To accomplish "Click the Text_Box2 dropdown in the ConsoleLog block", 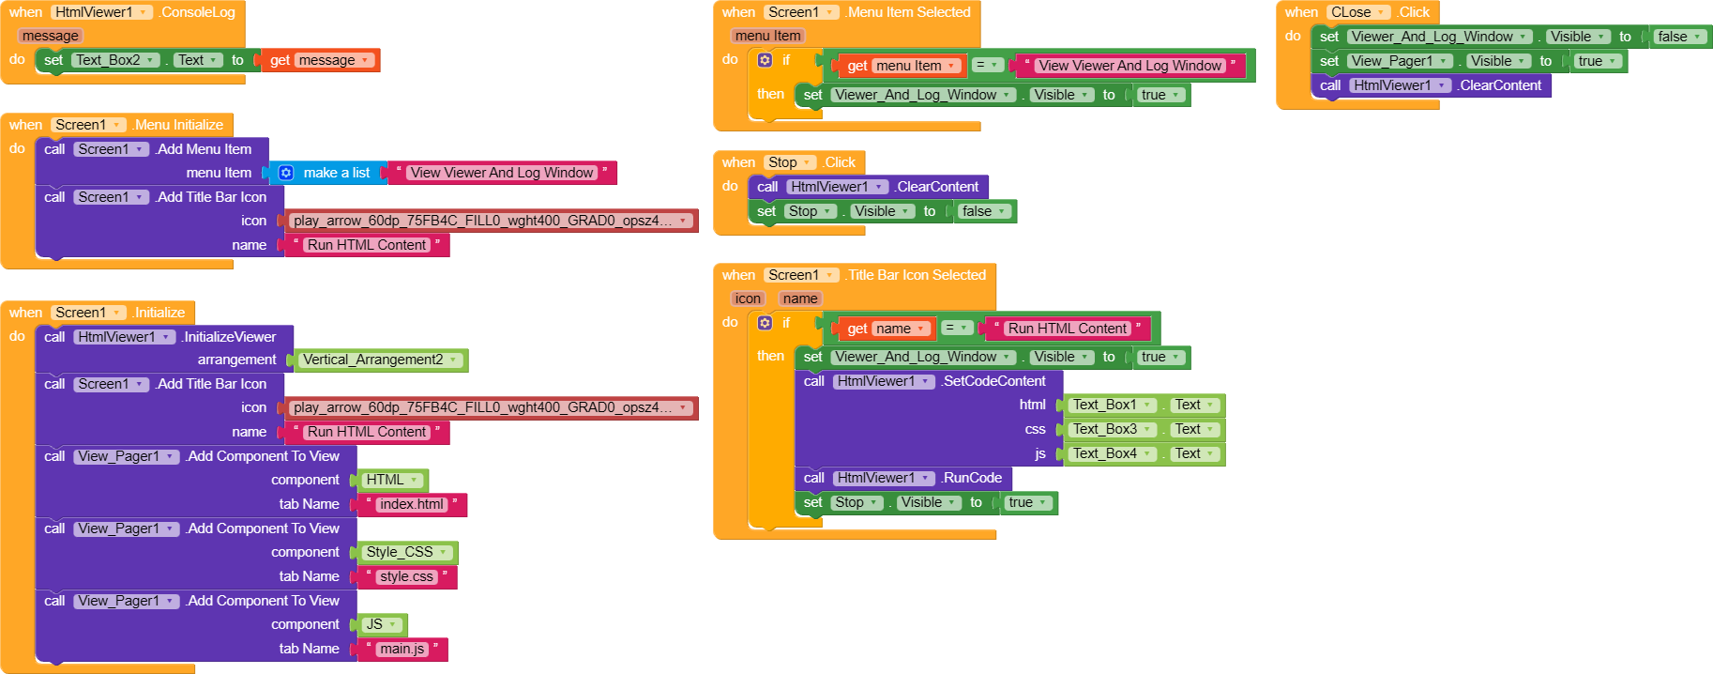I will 115,60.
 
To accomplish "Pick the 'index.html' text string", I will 411,504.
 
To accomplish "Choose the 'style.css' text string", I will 406,576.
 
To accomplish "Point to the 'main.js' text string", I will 402,649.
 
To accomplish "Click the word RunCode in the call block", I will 973,478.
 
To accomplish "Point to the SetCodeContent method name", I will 994,381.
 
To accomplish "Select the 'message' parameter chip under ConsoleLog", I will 51,36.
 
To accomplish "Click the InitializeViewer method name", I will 230,337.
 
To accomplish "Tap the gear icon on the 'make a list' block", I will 286,173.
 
